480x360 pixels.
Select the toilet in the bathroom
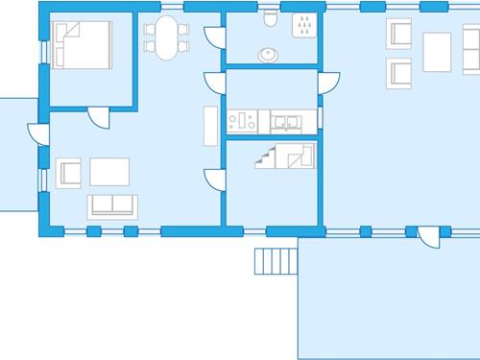point(271,20)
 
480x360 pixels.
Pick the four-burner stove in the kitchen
point(242,121)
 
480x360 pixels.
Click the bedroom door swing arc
point(99,117)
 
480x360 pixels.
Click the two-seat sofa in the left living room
point(112,204)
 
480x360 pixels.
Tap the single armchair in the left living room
point(69,173)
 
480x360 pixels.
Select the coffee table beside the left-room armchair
point(110,171)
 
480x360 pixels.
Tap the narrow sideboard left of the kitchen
point(208,124)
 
